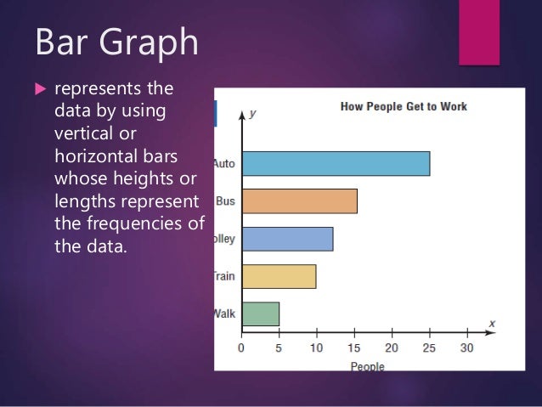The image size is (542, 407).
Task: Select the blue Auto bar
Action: point(336,163)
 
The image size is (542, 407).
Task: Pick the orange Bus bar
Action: point(299,201)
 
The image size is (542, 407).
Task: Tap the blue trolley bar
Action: point(287,239)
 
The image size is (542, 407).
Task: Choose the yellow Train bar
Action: point(279,276)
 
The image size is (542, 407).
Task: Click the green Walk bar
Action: point(260,314)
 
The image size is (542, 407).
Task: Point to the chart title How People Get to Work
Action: point(404,107)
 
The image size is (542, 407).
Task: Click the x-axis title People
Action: point(367,367)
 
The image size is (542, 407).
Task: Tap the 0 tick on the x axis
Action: point(241,348)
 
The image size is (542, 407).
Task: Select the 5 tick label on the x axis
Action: point(279,348)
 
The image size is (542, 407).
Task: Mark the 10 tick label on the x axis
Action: point(316,348)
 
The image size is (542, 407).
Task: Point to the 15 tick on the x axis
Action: point(353,348)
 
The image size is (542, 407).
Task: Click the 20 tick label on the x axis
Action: point(392,348)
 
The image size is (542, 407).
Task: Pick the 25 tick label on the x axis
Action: point(429,348)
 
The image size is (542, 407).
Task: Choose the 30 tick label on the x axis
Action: point(466,348)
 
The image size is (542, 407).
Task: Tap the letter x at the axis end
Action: point(492,323)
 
